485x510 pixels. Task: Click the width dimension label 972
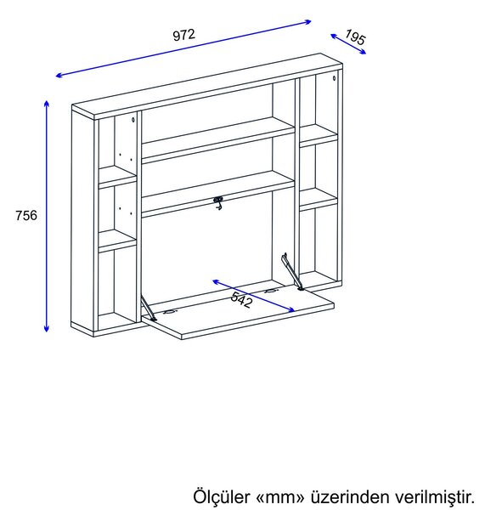[x=184, y=35]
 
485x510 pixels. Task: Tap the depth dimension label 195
[x=355, y=37]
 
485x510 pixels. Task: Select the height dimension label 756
[x=26, y=215]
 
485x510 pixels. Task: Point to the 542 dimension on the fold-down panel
[x=241, y=299]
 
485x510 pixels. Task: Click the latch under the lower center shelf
[x=218, y=202]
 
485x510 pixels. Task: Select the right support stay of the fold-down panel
[x=292, y=272]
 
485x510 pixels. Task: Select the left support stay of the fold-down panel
[x=149, y=308]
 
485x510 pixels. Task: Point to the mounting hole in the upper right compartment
[x=334, y=78]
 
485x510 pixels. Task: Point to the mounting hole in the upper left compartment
[x=133, y=120]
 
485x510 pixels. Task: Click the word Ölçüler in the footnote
[x=222, y=496]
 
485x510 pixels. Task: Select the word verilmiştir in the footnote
[x=435, y=496]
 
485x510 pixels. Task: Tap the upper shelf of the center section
[x=218, y=140]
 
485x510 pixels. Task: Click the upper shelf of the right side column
[x=319, y=136]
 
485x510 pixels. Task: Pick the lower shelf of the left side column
[x=117, y=241]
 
